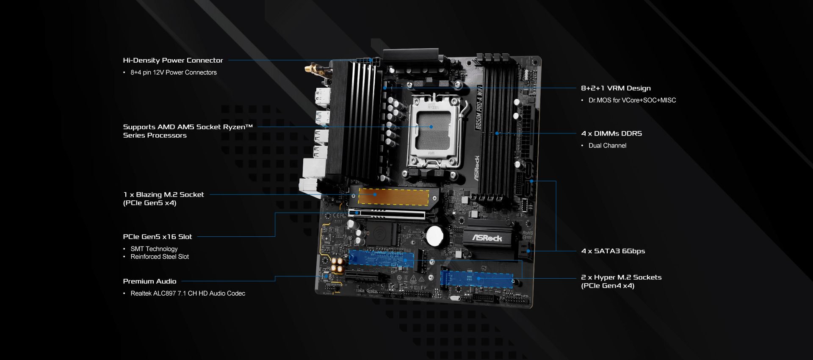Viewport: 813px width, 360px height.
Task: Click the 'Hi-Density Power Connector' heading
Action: pos(173,60)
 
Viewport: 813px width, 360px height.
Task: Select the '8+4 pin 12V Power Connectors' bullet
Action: pos(173,72)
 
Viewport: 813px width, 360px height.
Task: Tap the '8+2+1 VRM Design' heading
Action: pos(616,88)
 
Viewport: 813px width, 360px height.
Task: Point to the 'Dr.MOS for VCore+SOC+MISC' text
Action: pos(632,100)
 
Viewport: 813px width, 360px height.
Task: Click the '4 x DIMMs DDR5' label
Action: pos(611,133)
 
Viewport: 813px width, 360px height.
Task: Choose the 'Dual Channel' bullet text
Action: pos(607,146)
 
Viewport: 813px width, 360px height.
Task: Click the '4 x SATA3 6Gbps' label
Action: pos(613,251)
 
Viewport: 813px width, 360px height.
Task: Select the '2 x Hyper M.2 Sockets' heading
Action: pos(621,277)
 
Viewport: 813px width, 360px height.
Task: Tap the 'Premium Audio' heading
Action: pos(149,281)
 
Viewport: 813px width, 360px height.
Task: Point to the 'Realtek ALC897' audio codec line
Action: pos(188,294)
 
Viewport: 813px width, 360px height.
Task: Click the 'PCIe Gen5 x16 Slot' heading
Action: pos(158,237)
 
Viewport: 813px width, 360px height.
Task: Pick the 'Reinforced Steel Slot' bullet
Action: pos(160,257)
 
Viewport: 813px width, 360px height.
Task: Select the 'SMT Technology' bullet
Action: pos(154,249)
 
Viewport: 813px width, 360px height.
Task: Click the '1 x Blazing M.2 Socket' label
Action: pos(163,195)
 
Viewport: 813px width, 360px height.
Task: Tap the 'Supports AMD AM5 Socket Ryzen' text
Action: pos(188,127)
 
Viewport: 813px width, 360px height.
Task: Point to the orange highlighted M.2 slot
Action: pos(393,197)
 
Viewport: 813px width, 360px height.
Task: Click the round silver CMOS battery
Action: pos(434,236)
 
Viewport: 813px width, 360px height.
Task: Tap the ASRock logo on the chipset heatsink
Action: pos(487,238)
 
